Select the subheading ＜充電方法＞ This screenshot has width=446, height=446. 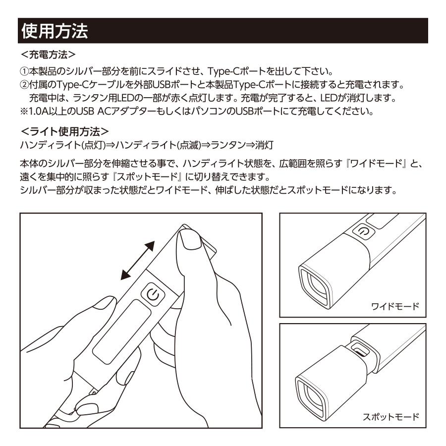click(49, 55)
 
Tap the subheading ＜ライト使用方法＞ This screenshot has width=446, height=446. click(65, 132)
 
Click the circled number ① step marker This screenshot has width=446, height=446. click(24, 71)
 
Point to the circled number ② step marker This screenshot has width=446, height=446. click(24, 84)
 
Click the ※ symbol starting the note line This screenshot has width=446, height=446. click(24, 111)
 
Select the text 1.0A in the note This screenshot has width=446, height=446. click(39, 111)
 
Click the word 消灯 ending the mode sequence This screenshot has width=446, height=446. click(264, 145)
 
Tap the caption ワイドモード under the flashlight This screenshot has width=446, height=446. click(395, 306)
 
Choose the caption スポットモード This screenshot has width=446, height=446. click(391, 417)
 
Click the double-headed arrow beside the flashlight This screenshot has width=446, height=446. click(138, 260)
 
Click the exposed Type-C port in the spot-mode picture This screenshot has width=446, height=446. click(360, 349)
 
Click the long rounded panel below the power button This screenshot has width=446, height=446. click(122, 332)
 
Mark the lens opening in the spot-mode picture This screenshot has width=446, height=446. click(311, 396)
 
